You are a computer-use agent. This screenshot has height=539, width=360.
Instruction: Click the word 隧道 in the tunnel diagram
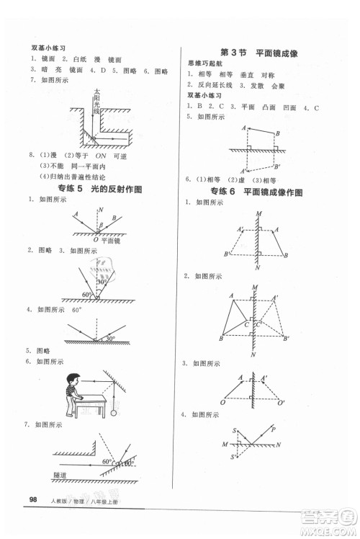tap(63, 475)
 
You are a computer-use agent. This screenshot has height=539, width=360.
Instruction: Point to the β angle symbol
tap(101, 225)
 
